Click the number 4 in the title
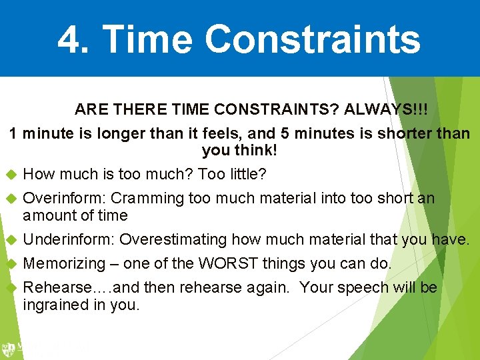point(69,39)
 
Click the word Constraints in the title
point(313,39)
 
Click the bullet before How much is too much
point(10,175)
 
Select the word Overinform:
point(65,198)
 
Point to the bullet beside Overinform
point(10,198)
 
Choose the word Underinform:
point(69,239)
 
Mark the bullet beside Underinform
point(10,239)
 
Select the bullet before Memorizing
point(10,263)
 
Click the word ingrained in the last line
point(55,305)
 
